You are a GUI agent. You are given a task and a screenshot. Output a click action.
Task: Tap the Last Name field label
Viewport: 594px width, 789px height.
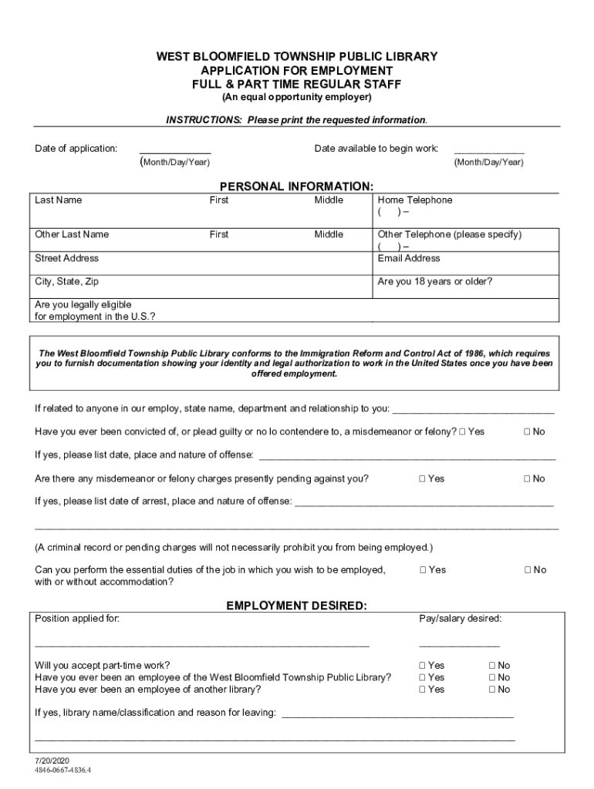59,200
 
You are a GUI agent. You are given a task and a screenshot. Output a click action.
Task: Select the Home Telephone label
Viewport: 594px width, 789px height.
415,200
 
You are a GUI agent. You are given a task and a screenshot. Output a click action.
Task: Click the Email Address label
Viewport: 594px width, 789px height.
409,259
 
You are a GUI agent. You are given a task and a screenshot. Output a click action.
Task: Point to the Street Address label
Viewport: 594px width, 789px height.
67,259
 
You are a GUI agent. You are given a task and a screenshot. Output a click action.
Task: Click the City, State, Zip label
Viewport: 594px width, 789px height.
67,282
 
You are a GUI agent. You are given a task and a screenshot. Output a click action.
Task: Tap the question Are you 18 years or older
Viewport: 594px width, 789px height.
435,282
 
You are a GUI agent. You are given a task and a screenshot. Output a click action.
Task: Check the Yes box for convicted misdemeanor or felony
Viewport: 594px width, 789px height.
462,431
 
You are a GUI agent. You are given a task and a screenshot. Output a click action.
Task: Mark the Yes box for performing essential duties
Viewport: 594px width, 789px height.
423,570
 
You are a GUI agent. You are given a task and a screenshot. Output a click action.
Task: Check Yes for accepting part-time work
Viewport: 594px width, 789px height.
423,666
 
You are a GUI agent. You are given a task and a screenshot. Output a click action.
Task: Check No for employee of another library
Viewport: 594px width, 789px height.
492,690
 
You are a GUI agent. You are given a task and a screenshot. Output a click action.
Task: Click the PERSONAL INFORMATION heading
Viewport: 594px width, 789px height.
297,186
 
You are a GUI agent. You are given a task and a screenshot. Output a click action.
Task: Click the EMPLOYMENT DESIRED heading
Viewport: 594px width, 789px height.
297,606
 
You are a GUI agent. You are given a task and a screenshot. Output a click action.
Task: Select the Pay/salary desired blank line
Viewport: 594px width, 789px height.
459,643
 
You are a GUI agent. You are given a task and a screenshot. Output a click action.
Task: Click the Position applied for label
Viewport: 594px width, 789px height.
77,619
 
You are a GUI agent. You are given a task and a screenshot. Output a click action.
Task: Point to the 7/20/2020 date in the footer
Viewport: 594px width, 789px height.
57,759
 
